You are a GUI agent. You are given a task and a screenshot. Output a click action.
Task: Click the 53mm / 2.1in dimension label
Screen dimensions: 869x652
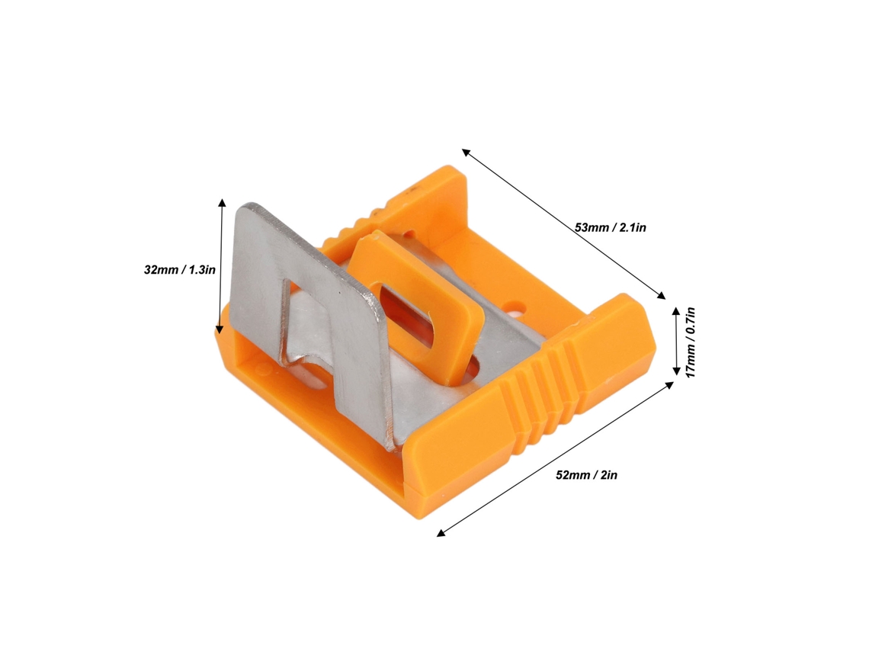click(610, 227)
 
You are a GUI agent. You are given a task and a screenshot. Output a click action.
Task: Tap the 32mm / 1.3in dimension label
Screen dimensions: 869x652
click(180, 270)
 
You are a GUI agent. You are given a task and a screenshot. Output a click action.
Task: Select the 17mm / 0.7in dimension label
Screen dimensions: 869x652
click(690, 342)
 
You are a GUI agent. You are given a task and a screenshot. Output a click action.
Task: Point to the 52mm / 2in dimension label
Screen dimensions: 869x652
click(586, 475)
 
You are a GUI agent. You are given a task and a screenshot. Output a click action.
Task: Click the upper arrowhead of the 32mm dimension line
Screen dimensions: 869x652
click(222, 202)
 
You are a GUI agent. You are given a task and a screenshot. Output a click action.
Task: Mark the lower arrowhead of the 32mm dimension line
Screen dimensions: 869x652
click(220, 329)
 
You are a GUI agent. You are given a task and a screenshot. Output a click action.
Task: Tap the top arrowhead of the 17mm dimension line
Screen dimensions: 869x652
click(675, 310)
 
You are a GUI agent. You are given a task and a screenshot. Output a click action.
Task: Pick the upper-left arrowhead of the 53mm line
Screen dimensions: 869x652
click(466, 153)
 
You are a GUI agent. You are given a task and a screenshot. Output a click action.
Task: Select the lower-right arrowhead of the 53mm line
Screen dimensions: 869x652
click(661, 295)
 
